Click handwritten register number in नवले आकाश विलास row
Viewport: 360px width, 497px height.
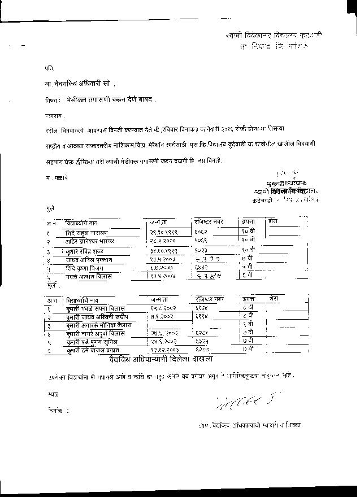[x=205, y=277]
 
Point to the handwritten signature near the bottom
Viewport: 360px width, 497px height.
[x=238, y=402]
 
